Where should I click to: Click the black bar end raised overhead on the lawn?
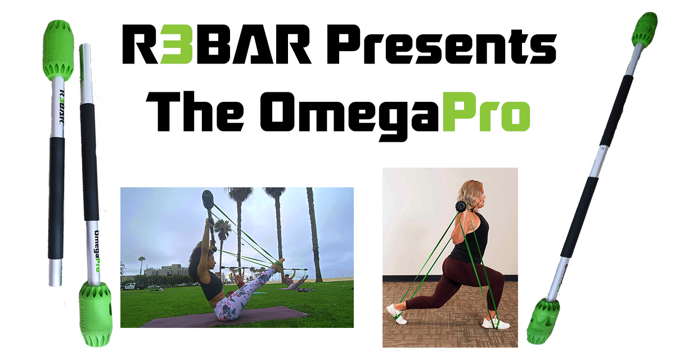pos(208,200)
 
